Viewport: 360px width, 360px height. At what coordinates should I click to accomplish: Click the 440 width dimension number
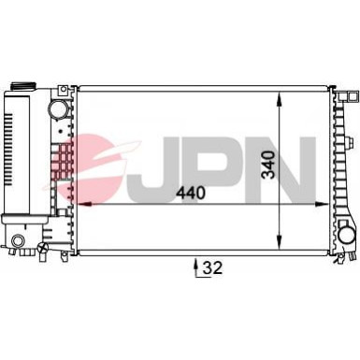(x=191, y=193)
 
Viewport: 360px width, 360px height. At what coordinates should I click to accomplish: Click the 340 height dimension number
(x=268, y=165)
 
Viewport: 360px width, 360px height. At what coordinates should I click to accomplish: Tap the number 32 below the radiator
(x=213, y=267)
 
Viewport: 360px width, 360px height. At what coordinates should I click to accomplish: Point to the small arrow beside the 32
(x=196, y=266)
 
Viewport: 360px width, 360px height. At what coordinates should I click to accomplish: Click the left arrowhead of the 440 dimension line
(x=84, y=204)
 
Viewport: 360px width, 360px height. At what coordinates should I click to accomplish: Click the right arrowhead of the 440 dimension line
(x=322, y=204)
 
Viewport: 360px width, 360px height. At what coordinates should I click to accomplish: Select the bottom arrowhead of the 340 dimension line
(x=280, y=242)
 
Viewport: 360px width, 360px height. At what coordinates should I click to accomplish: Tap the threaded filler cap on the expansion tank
(x=23, y=86)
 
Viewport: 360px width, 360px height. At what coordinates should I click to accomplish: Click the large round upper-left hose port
(x=57, y=109)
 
